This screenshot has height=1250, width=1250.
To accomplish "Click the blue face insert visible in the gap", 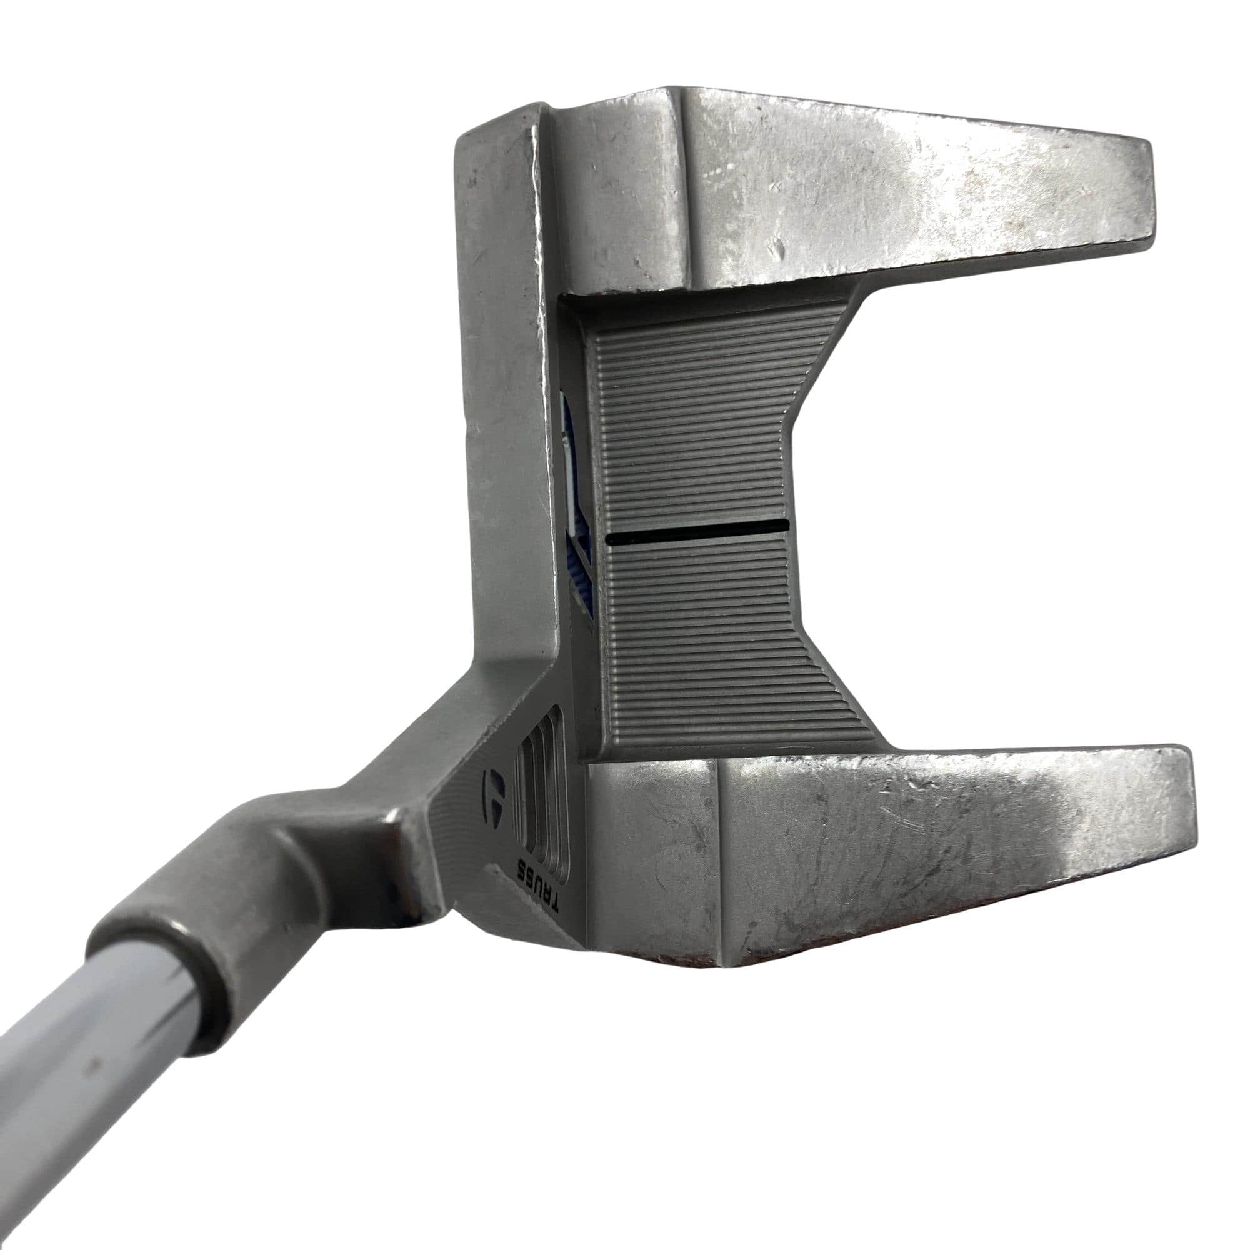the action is [577, 517].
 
